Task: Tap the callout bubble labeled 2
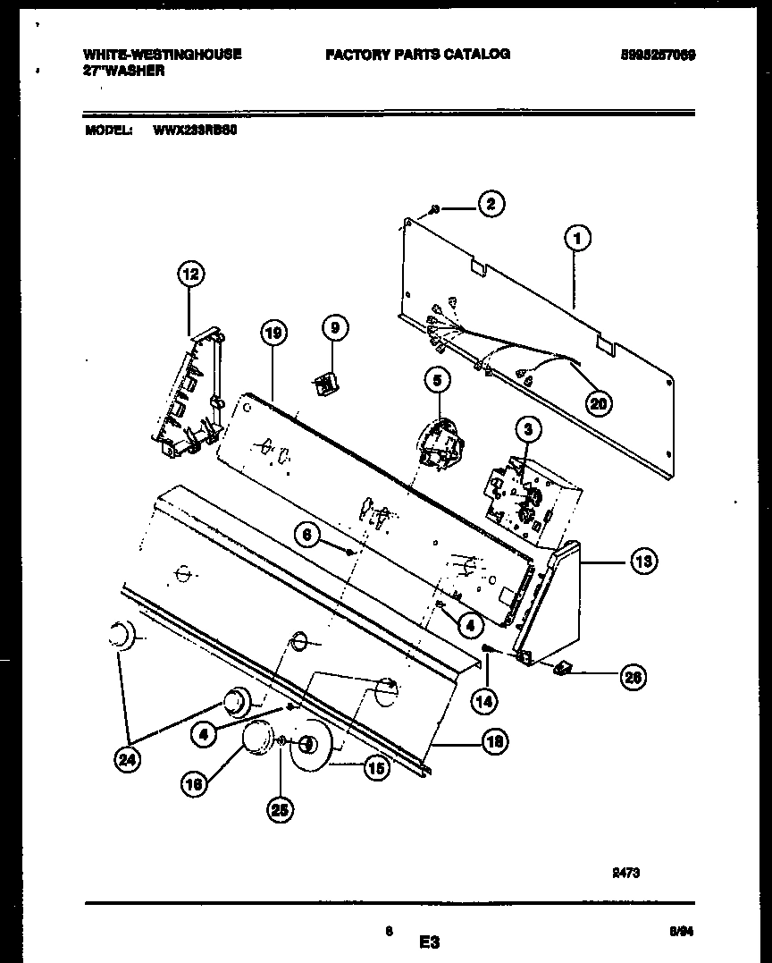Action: coord(490,205)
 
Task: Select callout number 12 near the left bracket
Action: coord(189,275)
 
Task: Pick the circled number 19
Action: coord(273,334)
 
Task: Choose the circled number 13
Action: coord(642,562)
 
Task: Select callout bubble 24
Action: coord(128,762)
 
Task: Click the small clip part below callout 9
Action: coord(324,384)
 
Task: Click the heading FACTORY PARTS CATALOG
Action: coord(417,54)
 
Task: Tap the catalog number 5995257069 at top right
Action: coord(658,55)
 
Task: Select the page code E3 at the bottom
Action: coord(430,942)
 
